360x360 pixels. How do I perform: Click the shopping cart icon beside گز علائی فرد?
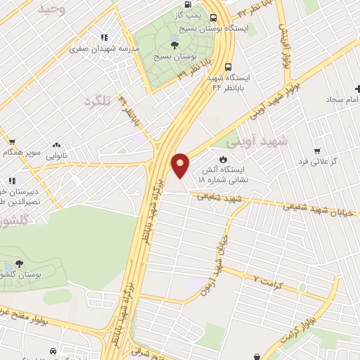click(x=317, y=150)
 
